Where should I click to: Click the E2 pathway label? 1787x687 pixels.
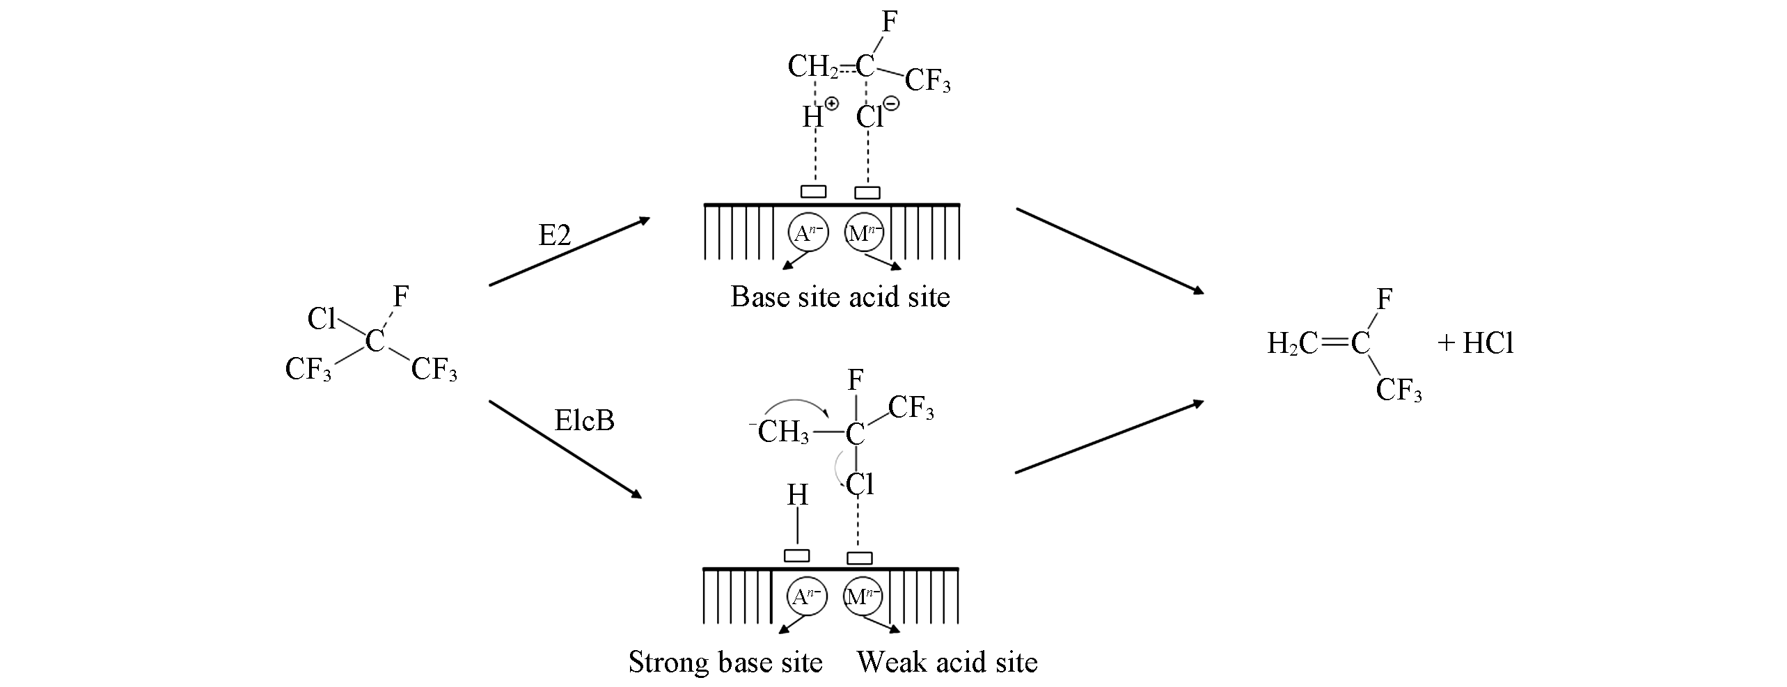pos(555,236)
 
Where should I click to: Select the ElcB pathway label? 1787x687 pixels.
pos(584,420)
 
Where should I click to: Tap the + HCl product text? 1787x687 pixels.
pos(1476,343)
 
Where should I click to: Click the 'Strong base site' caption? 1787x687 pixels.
pos(725,662)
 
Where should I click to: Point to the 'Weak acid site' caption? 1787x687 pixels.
pos(947,662)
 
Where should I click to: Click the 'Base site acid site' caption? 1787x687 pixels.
pos(840,297)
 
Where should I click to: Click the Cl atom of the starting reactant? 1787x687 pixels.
pos(322,319)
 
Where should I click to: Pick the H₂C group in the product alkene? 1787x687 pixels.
pos(1291,343)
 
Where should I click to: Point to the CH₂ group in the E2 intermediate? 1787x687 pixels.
pos(812,68)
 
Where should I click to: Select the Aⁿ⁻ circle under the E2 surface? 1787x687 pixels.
pos(808,234)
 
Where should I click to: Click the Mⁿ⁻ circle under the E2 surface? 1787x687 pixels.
pos(864,234)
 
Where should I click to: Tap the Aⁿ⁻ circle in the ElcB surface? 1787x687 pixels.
pos(806,597)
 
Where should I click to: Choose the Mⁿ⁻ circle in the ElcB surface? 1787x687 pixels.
pos(863,597)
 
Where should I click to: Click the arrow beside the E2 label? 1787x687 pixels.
pos(569,251)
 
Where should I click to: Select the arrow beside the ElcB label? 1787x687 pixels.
pos(565,449)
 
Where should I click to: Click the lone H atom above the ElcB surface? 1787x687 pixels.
pos(797,496)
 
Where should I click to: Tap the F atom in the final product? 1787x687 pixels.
pos(1385,300)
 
